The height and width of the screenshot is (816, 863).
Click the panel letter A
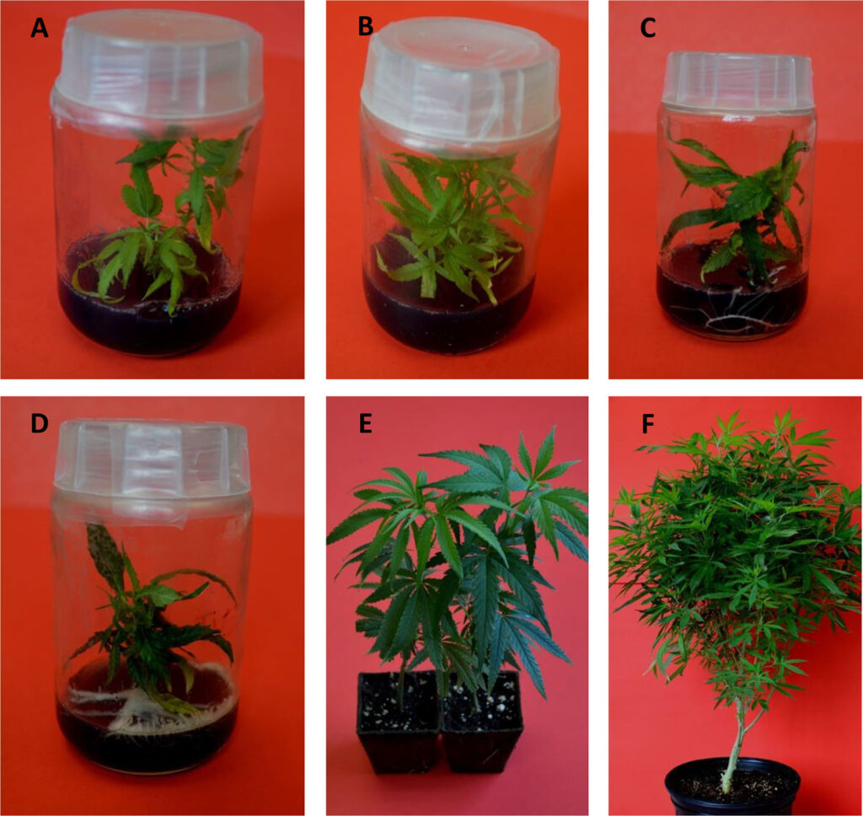39,28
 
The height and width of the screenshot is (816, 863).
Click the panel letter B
365,26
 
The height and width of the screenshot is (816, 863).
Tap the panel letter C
648,28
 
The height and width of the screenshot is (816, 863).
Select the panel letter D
39,423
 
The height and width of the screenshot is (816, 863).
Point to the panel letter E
366,424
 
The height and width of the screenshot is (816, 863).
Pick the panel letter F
648,424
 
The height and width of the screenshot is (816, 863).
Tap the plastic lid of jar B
460,91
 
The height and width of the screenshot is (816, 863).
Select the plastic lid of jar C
737,83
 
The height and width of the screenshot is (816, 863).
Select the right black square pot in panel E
482,722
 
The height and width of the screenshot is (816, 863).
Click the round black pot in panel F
732,787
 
